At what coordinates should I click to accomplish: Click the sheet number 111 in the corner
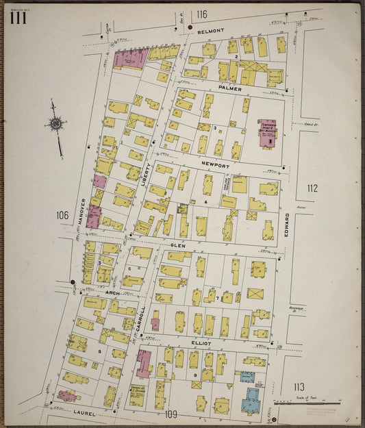(x=18, y=18)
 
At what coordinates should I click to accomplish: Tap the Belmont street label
(x=211, y=32)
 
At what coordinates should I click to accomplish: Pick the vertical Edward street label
(x=287, y=226)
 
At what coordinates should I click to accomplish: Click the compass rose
(x=56, y=125)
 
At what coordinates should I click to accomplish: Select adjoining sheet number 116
(x=201, y=14)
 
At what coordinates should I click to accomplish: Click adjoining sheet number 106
(x=62, y=215)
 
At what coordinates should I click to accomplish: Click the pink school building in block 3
(x=267, y=131)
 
